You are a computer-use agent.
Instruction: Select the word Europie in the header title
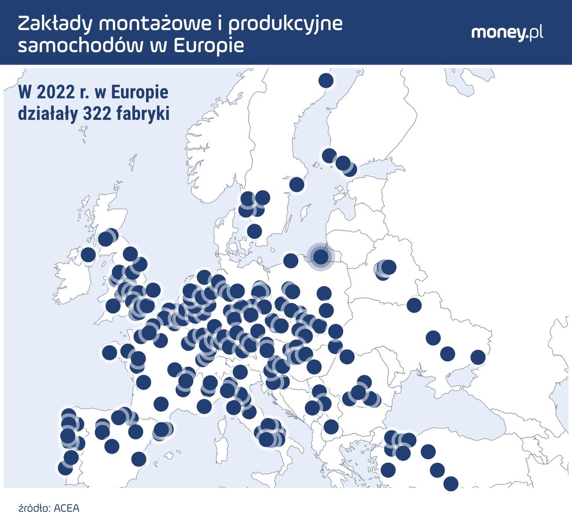point(209,45)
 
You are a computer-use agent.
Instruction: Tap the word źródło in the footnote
point(34,508)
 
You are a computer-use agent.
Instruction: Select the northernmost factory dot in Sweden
point(326,80)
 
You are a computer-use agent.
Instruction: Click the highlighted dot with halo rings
point(321,257)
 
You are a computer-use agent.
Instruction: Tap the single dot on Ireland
point(88,254)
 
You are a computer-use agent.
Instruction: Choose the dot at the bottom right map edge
point(451,483)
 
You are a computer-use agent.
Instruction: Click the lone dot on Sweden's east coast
point(297,184)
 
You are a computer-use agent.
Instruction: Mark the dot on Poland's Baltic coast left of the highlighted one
point(291,261)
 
